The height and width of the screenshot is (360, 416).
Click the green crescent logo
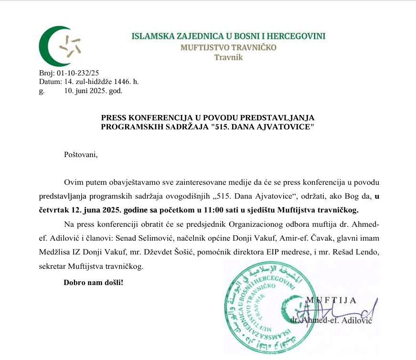56,46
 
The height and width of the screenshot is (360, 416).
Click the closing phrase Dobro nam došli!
93,282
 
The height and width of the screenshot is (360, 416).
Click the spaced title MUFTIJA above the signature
331,300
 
